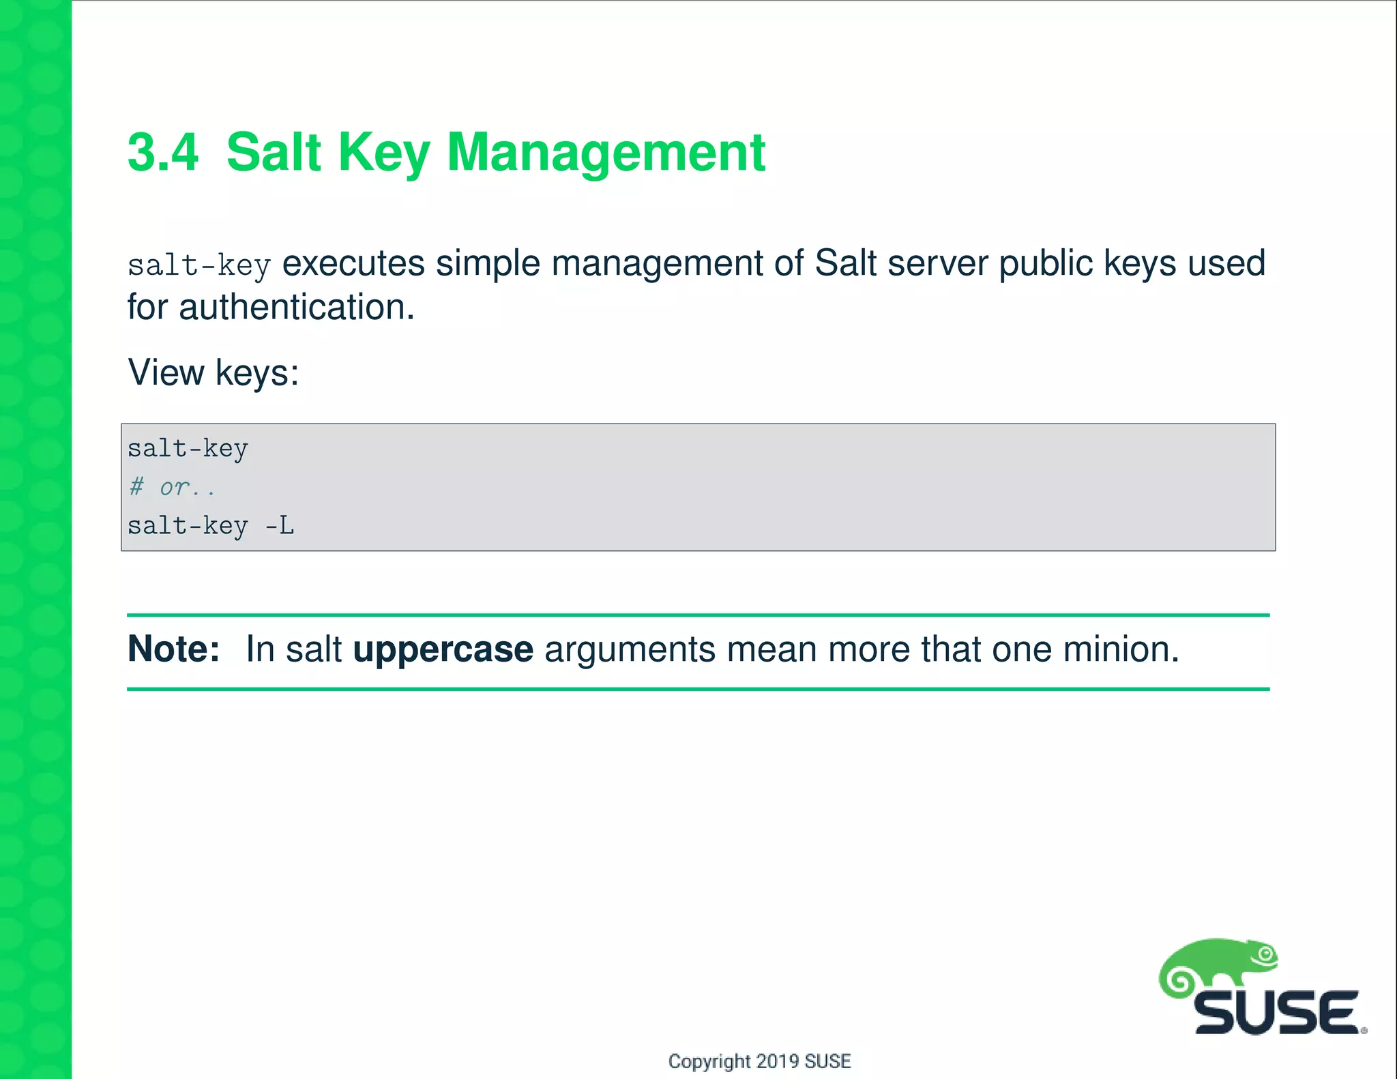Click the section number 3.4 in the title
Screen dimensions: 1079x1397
(163, 152)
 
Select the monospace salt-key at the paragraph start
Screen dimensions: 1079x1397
(199, 265)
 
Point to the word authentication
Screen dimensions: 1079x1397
(296, 308)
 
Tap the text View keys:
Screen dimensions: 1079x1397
(214, 373)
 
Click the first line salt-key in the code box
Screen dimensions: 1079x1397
(188, 449)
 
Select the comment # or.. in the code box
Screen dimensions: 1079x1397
(172, 487)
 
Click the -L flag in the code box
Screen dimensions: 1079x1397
(279, 526)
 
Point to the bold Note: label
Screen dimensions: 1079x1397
(173, 649)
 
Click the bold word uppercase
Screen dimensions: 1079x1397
(443, 650)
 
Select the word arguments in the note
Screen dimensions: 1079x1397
(630, 650)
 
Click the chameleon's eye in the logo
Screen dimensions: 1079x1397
(1265, 954)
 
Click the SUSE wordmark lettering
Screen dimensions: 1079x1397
(1276, 1014)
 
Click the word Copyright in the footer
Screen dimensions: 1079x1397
(709, 1061)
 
